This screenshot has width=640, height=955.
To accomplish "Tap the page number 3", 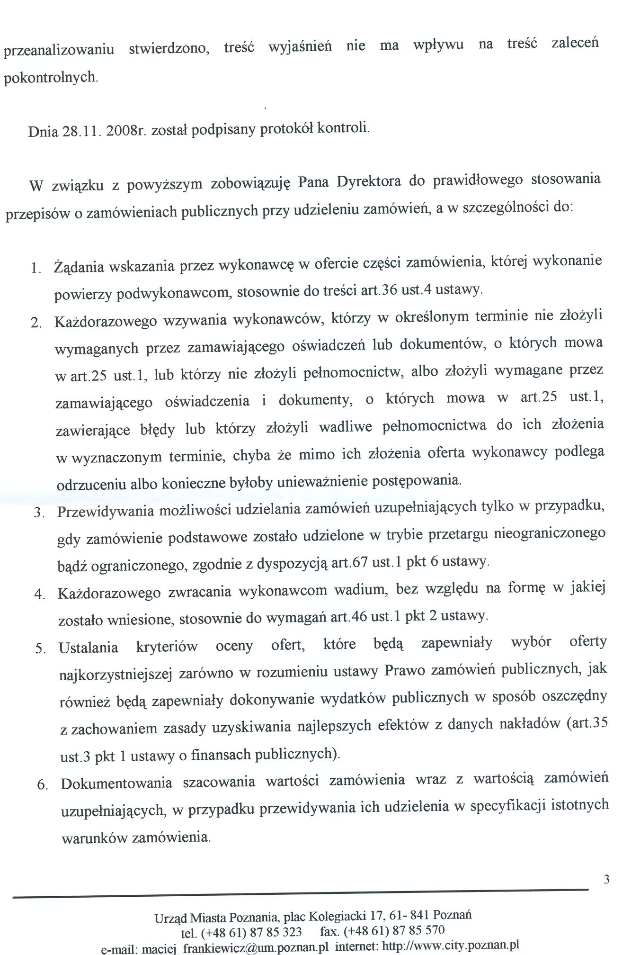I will click(606, 880).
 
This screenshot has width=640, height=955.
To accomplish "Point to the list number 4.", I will click(39, 595).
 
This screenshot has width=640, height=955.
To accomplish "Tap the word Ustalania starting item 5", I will click(89, 647).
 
